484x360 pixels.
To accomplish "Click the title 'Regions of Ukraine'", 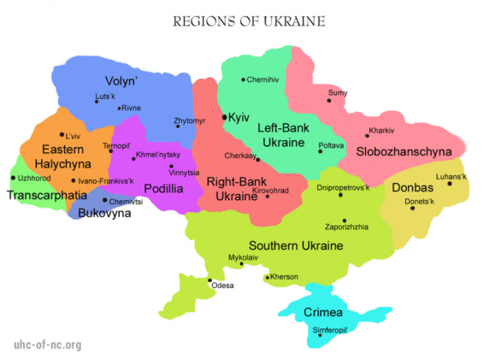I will click(242, 19).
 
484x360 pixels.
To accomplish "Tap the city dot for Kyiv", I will click(224, 116).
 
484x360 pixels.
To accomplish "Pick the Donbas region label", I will click(413, 187).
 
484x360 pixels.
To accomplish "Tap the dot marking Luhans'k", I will click(450, 183).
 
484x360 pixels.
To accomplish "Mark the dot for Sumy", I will click(328, 100).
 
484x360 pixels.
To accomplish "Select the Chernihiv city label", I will click(263, 80).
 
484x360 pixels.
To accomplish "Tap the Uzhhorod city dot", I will click(13, 178).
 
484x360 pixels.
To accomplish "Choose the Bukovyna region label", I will click(103, 213).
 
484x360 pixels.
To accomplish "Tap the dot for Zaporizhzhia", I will click(344, 220).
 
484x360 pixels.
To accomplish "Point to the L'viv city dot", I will click(61, 134).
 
